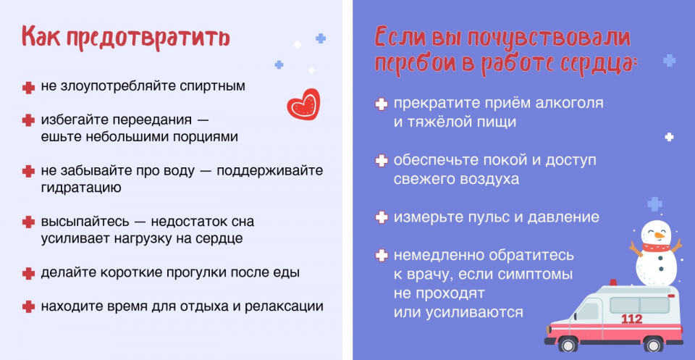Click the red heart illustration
coord(303,104)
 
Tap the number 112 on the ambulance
coord(631,319)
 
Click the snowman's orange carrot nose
coord(660,235)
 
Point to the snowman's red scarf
coord(657,247)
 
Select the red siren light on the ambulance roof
coord(613,282)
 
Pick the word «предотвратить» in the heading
coord(148,38)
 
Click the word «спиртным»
coord(212,86)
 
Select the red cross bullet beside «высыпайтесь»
coord(28,222)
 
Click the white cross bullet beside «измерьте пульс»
coord(382,217)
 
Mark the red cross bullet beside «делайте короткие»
coord(28,273)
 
